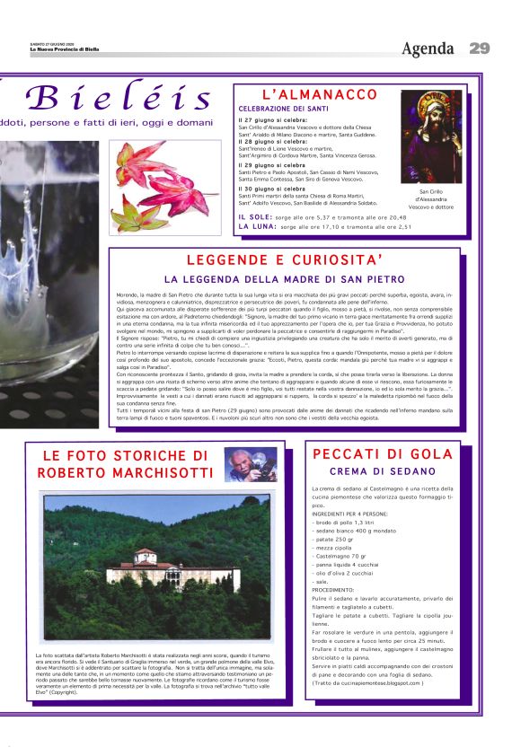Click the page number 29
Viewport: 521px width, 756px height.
[x=479, y=48]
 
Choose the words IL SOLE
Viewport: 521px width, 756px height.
[x=254, y=217]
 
